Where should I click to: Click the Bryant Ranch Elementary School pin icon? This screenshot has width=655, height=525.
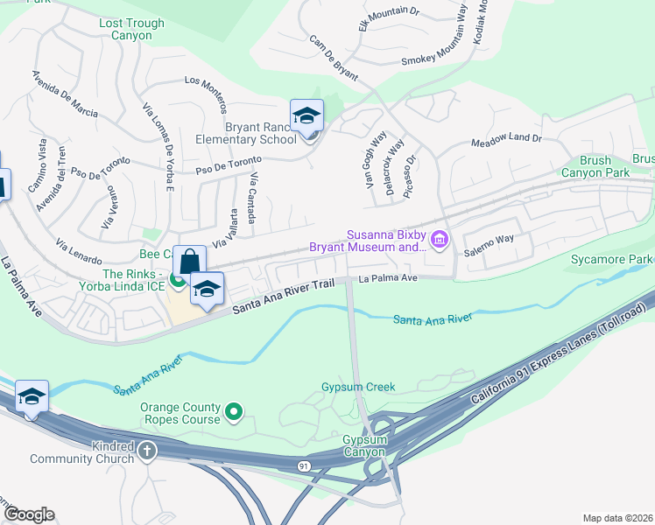(x=307, y=116)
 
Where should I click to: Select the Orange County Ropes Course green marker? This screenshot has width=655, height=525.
(x=234, y=410)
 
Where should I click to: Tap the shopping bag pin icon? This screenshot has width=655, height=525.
(x=189, y=261)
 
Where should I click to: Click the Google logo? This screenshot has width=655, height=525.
(x=28, y=514)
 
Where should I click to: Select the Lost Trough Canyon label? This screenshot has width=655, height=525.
(x=131, y=30)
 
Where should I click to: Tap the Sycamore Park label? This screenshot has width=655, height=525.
(x=621, y=260)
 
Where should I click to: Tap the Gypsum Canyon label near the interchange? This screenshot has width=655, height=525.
(x=364, y=445)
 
